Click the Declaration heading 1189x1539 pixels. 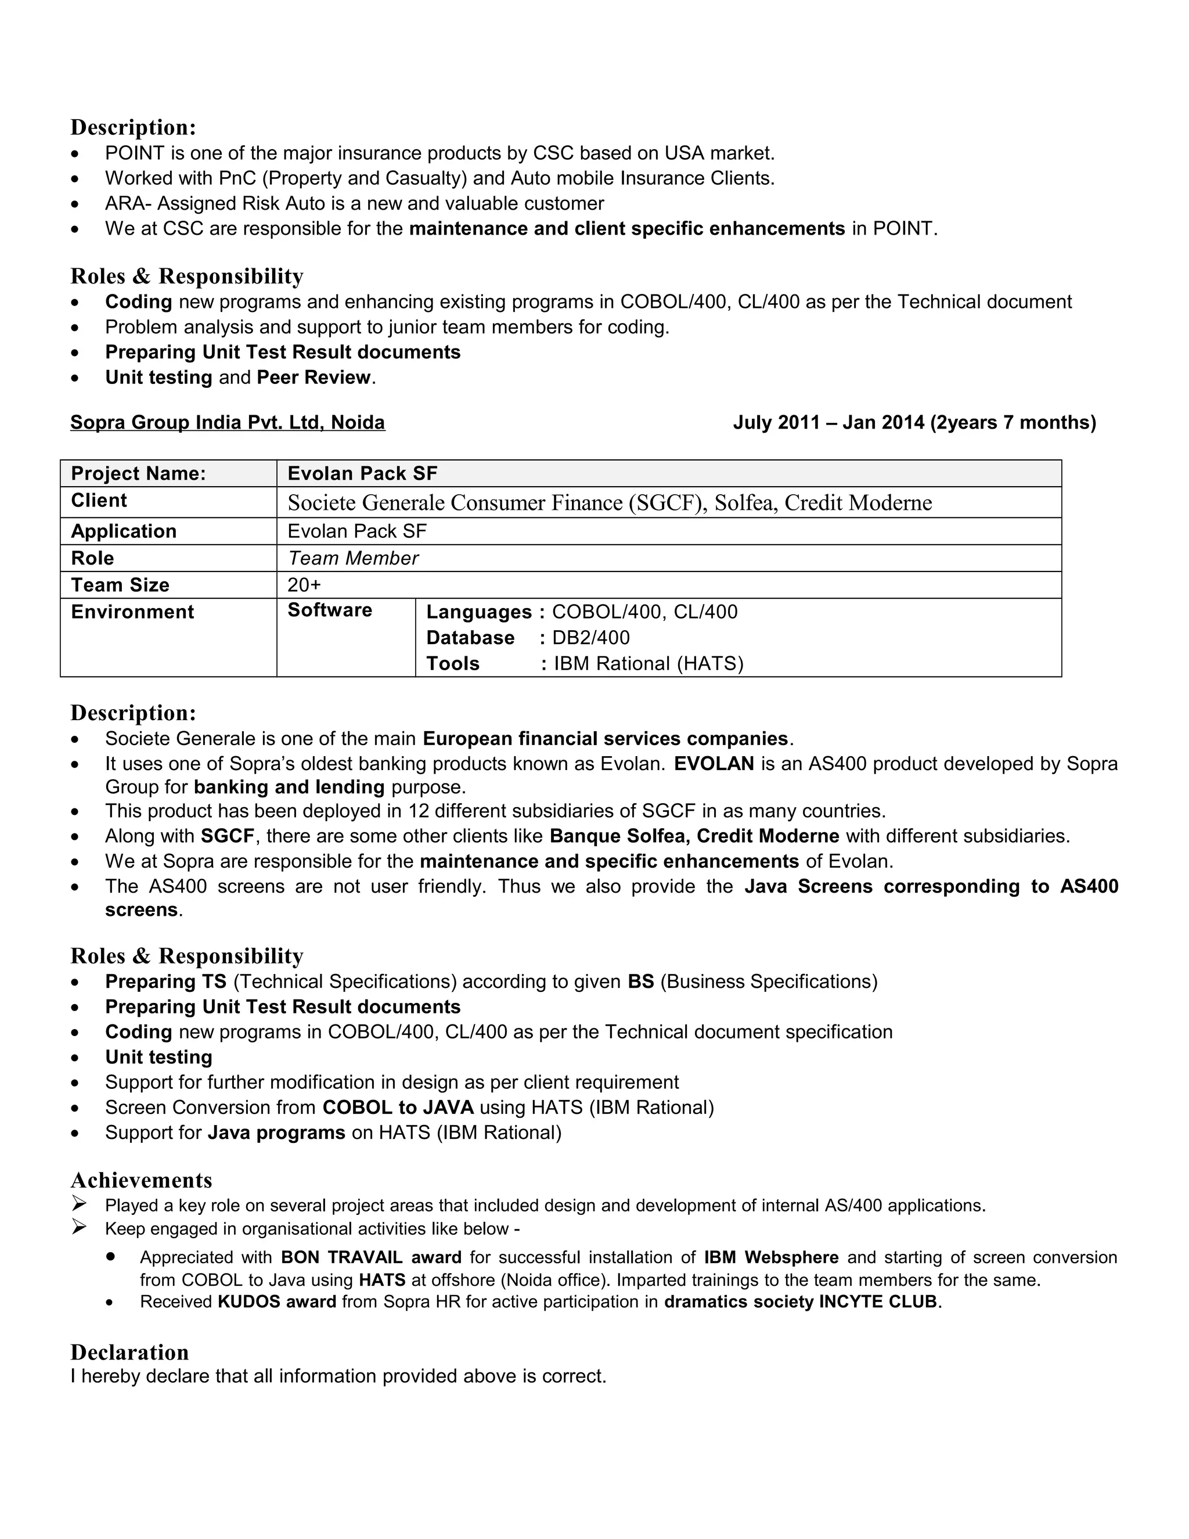tap(129, 1351)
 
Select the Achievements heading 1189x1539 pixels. tap(141, 1180)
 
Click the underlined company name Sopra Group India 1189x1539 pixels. tap(228, 422)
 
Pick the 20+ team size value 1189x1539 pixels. tap(304, 585)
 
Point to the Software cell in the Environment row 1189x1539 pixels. tap(330, 610)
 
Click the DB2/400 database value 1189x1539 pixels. tap(590, 638)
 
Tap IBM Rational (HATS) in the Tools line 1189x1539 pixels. tap(648, 664)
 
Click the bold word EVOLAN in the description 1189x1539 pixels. tap(714, 763)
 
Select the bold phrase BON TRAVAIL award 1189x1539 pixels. tap(371, 1257)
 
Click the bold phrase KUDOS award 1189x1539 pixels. tap(277, 1301)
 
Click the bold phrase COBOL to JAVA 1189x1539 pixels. tap(398, 1107)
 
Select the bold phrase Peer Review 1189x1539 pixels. tap(314, 377)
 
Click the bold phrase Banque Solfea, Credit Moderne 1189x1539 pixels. tap(694, 836)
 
